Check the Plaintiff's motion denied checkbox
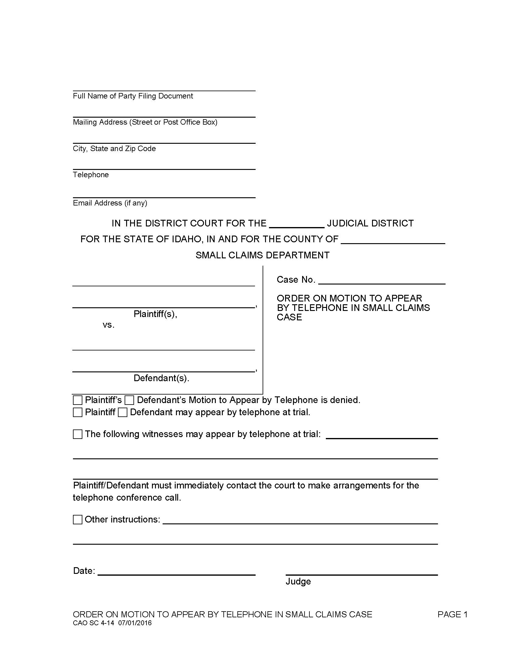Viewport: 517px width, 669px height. point(78,400)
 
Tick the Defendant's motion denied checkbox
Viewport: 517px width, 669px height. point(129,400)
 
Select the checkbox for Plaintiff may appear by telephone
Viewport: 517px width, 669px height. point(78,412)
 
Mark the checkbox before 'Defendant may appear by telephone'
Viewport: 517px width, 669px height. point(122,412)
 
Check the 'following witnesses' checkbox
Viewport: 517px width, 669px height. point(78,434)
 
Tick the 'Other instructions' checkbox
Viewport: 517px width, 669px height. point(78,519)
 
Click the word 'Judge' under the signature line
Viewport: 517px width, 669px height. point(298,581)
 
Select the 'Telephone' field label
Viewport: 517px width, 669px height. point(91,174)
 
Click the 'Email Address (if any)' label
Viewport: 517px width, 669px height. point(110,203)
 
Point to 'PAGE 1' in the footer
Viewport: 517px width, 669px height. point(452,614)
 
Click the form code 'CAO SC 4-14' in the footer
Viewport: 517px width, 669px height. point(93,623)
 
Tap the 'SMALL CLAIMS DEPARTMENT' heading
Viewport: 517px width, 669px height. point(263,255)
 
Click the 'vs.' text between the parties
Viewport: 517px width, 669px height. point(109,325)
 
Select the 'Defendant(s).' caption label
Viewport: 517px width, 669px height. point(161,378)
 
